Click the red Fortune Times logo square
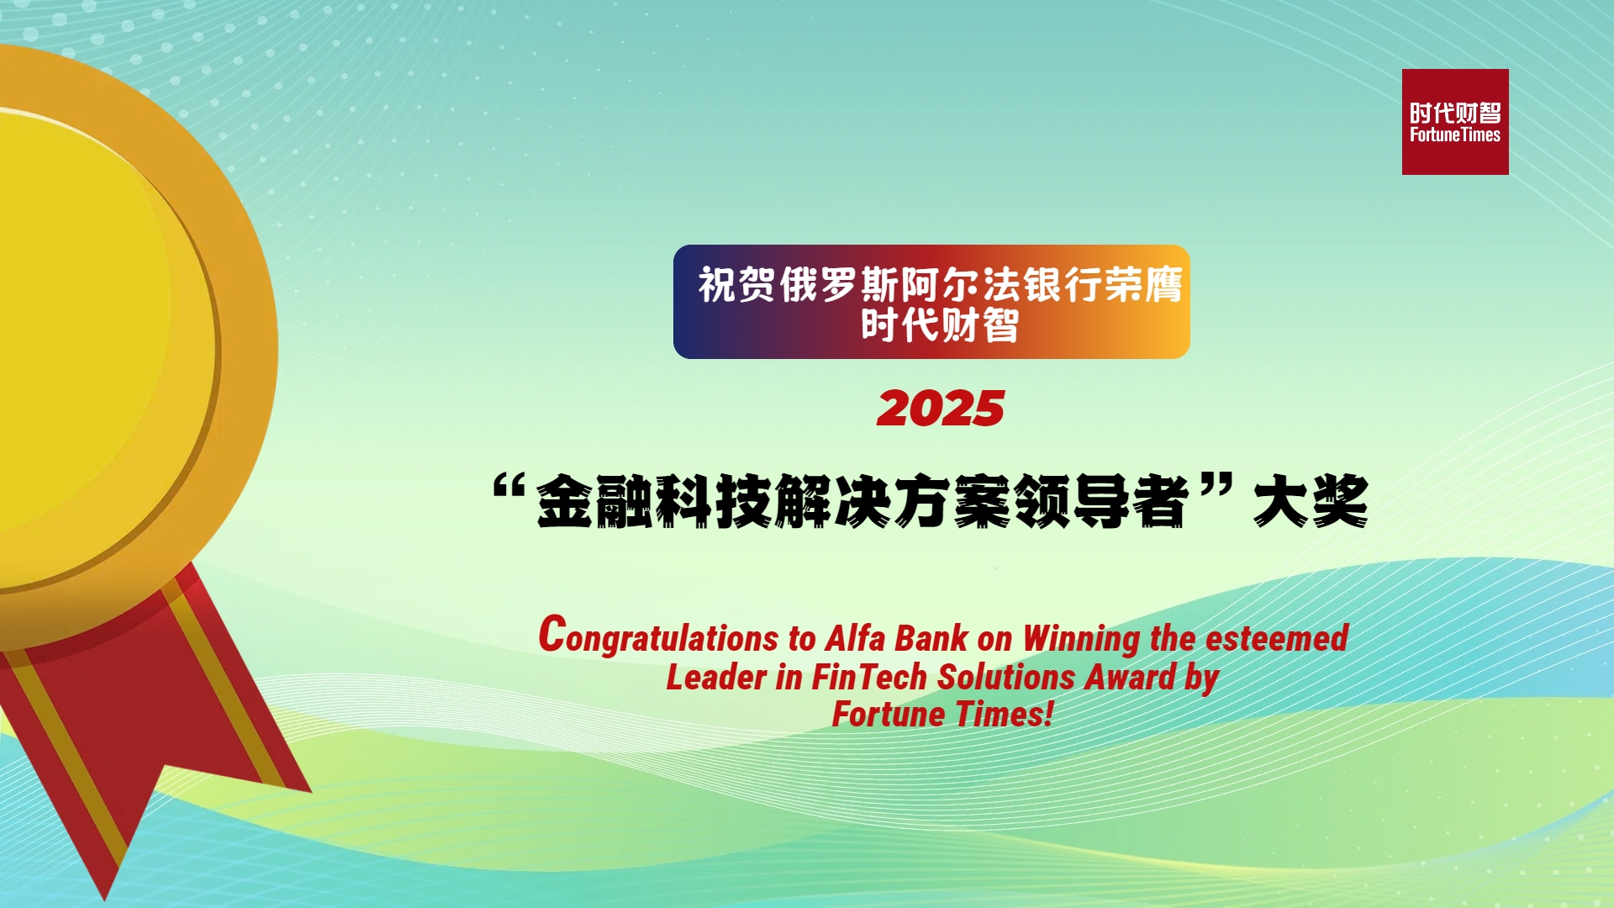pyautogui.click(x=1455, y=122)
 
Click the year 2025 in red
pyautogui.click(x=941, y=409)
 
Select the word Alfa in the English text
pyautogui.click(x=855, y=637)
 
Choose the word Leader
pyautogui.click(x=716, y=677)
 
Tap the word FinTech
pyautogui.click(x=869, y=677)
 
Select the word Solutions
pyautogui.click(x=1006, y=677)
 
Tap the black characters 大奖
pyautogui.click(x=1311, y=501)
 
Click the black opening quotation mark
pyautogui.click(x=509, y=487)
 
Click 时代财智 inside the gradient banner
pyautogui.click(x=939, y=325)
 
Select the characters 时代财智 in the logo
pyautogui.click(x=1455, y=113)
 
